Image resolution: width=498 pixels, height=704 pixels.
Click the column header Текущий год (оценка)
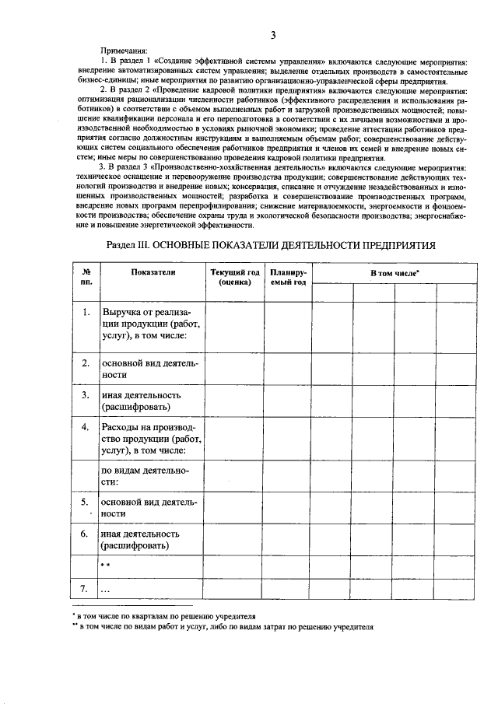click(235, 278)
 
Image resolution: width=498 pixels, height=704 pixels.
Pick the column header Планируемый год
click(288, 278)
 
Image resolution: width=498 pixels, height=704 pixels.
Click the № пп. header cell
click(86, 278)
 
